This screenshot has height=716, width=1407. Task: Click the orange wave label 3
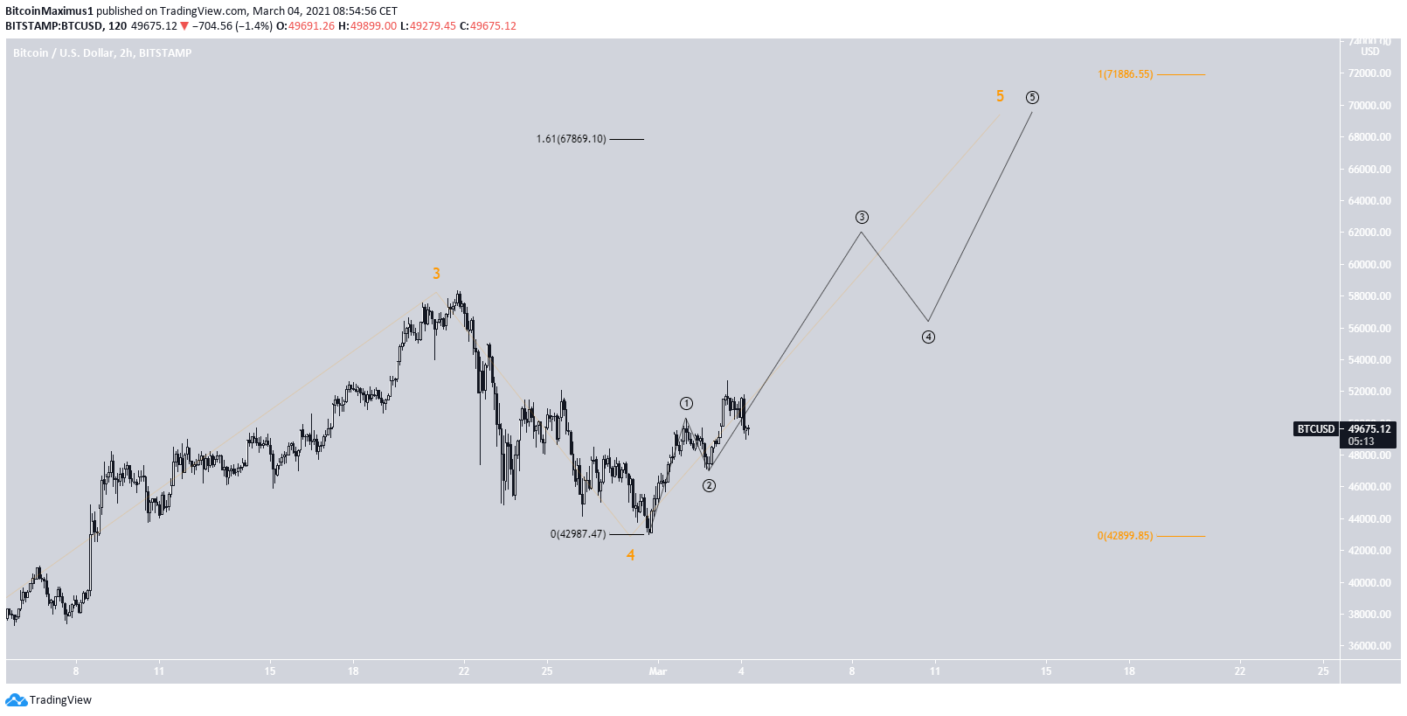click(x=436, y=274)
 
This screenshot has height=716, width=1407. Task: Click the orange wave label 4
click(x=630, y=555)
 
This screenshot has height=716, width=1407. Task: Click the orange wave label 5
click(x=1000, y=96)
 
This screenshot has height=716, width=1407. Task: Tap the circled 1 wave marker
click(x=686, y=403)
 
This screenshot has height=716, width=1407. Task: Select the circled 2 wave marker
click(x=709, y=485)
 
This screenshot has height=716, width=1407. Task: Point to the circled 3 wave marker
click(x=862, y=217)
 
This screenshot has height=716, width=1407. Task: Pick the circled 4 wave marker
click(x=928, y=337)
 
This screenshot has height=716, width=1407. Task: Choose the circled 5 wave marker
click(x=1032, y=97)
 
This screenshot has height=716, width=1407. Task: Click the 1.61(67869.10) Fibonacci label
click(x=571, y=139)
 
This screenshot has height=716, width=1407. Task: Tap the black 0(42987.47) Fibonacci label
click(x=578, y=534)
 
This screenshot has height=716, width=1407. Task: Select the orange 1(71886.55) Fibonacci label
click(x=1126, y=74)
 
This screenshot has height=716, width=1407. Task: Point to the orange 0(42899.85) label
click(x=1125, y=536)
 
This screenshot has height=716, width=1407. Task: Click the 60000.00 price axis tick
click(x=1369, y=264)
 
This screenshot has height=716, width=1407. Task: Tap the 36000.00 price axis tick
click(x=1369, y=646)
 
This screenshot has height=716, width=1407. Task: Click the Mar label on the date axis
click(x=657, y=671)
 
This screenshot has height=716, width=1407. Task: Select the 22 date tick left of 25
click(x=464, y=671)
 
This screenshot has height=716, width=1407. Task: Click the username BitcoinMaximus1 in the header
click(x=49, y=11)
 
